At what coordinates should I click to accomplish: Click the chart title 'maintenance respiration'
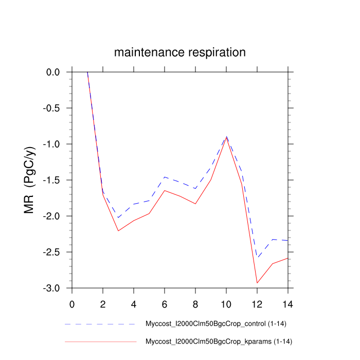pyautogui.click(x=180, y=52)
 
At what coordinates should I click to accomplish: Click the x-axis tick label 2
pyautogui.click(x=103, y=303)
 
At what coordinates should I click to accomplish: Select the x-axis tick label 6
pyautogui.click(x=165, y=303)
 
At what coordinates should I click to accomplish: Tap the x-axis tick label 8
pyautogui.click(x=195, y=303)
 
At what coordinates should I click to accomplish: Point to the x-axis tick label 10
pyautogui.click(x=226, y=303)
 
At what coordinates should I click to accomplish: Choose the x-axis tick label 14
pyautogui.click(x=288, y=303)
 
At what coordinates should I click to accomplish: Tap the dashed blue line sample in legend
pyautogui.click(x=100, y=325)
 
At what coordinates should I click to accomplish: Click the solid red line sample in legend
pyautogui.click(x=100, y=341)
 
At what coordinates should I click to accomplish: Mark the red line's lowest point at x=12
pyautogui.click(x=257, y=283)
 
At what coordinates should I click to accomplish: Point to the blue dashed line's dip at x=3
pyautogui.click(x=118, y=218)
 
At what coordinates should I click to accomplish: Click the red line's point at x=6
pyautogui.click(x=165, y=190)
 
